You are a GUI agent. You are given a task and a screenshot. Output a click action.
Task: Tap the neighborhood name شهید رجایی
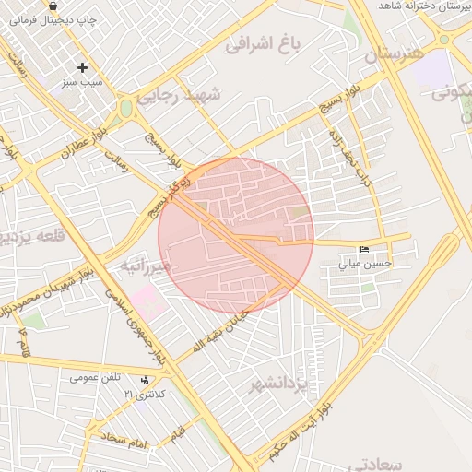191,95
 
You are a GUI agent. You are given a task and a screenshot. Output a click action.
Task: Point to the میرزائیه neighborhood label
146,266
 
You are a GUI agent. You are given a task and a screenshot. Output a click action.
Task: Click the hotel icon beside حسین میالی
365,250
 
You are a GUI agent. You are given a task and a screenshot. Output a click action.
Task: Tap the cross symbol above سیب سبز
83,67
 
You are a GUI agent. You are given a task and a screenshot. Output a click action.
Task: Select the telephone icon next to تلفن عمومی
144,380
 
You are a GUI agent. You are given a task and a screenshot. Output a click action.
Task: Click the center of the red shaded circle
236,236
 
